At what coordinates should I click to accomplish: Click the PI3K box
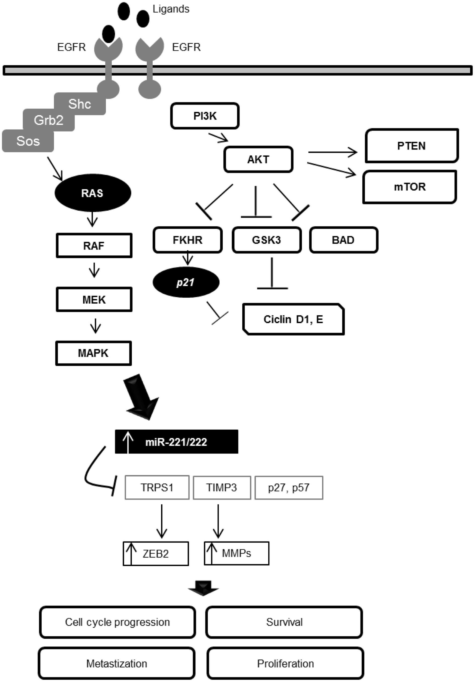[205, 116]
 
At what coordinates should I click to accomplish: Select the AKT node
[258, 160]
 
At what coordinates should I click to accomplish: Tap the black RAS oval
[93, 193]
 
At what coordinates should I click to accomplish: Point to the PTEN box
[412, 146]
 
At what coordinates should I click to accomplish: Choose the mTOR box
[409, 187]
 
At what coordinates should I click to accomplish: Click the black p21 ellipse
[186, 282]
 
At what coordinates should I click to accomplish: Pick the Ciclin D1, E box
[293, 319]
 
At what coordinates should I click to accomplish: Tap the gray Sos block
[28, 141]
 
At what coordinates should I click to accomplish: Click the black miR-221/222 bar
[176, 442]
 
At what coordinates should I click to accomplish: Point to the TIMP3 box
[222, 488]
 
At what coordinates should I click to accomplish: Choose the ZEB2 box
[156, 554]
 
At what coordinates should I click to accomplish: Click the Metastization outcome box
[117, 663]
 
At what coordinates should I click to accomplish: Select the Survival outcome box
[284, 622]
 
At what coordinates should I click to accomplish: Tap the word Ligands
[171, 9]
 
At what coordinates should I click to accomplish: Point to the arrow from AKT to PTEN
[332, 152]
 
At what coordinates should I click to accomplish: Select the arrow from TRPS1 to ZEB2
[162, 521]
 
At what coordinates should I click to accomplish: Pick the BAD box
[343, 240]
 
